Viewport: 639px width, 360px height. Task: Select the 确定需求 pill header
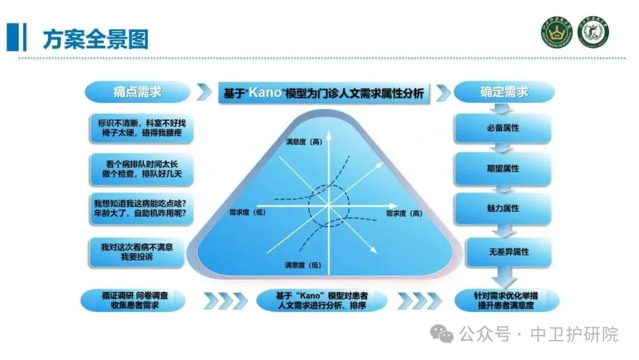coord(504,92)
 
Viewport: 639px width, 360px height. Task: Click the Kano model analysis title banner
coord(324,93)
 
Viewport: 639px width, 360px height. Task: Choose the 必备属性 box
coord(504,127)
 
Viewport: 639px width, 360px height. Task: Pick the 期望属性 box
coord(504,168)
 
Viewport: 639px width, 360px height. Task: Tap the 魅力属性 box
coord(504,208)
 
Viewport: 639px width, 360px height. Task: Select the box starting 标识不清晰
coord(141,128)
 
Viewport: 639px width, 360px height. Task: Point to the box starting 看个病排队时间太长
coord(141,169)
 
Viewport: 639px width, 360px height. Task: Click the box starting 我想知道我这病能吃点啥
coord(141,208)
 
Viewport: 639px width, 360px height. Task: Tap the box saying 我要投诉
coord(141,250)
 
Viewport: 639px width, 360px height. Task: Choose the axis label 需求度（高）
coord(404,213)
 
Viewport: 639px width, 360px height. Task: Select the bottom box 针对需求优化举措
coord(504,300)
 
